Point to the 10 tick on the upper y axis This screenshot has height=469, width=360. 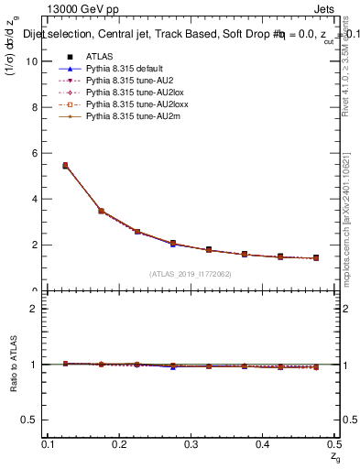pyautogui.click(x=37, y=61)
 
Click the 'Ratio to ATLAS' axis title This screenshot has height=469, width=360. pyautogui.click(x=14, y=365)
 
